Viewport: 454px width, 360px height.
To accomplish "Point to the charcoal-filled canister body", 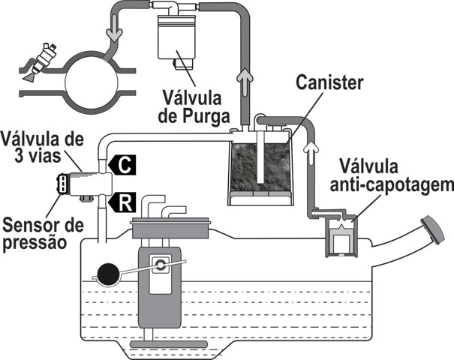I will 262,163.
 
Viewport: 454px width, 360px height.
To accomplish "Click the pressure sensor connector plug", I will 63,184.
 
